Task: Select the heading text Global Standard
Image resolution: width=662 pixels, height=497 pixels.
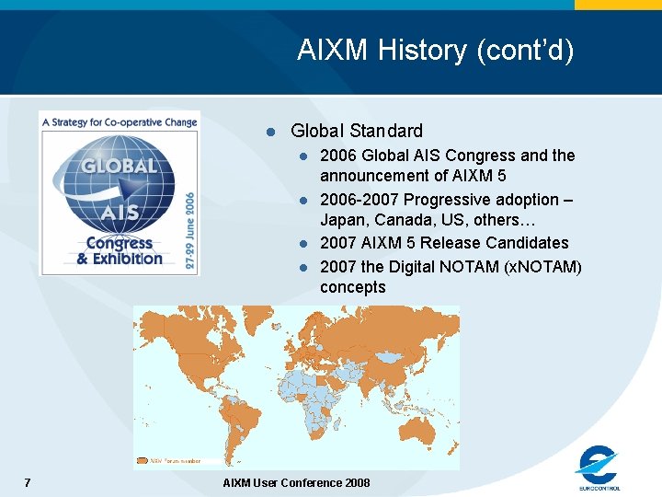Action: tap(357, 131)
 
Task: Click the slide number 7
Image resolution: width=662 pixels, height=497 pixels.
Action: tap(28, 483)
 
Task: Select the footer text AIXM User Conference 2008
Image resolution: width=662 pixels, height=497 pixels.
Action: tap(296, 483)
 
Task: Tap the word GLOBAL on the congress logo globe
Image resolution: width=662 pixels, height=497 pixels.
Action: tap(119, 167)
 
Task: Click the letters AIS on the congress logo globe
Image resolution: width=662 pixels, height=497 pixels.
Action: tap(120, 213)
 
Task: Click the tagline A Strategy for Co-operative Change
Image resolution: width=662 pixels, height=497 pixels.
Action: tap(120, 121)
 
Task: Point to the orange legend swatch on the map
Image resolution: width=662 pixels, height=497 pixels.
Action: tap(141, 461)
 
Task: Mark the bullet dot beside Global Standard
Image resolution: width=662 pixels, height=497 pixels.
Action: tap(271, 132)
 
